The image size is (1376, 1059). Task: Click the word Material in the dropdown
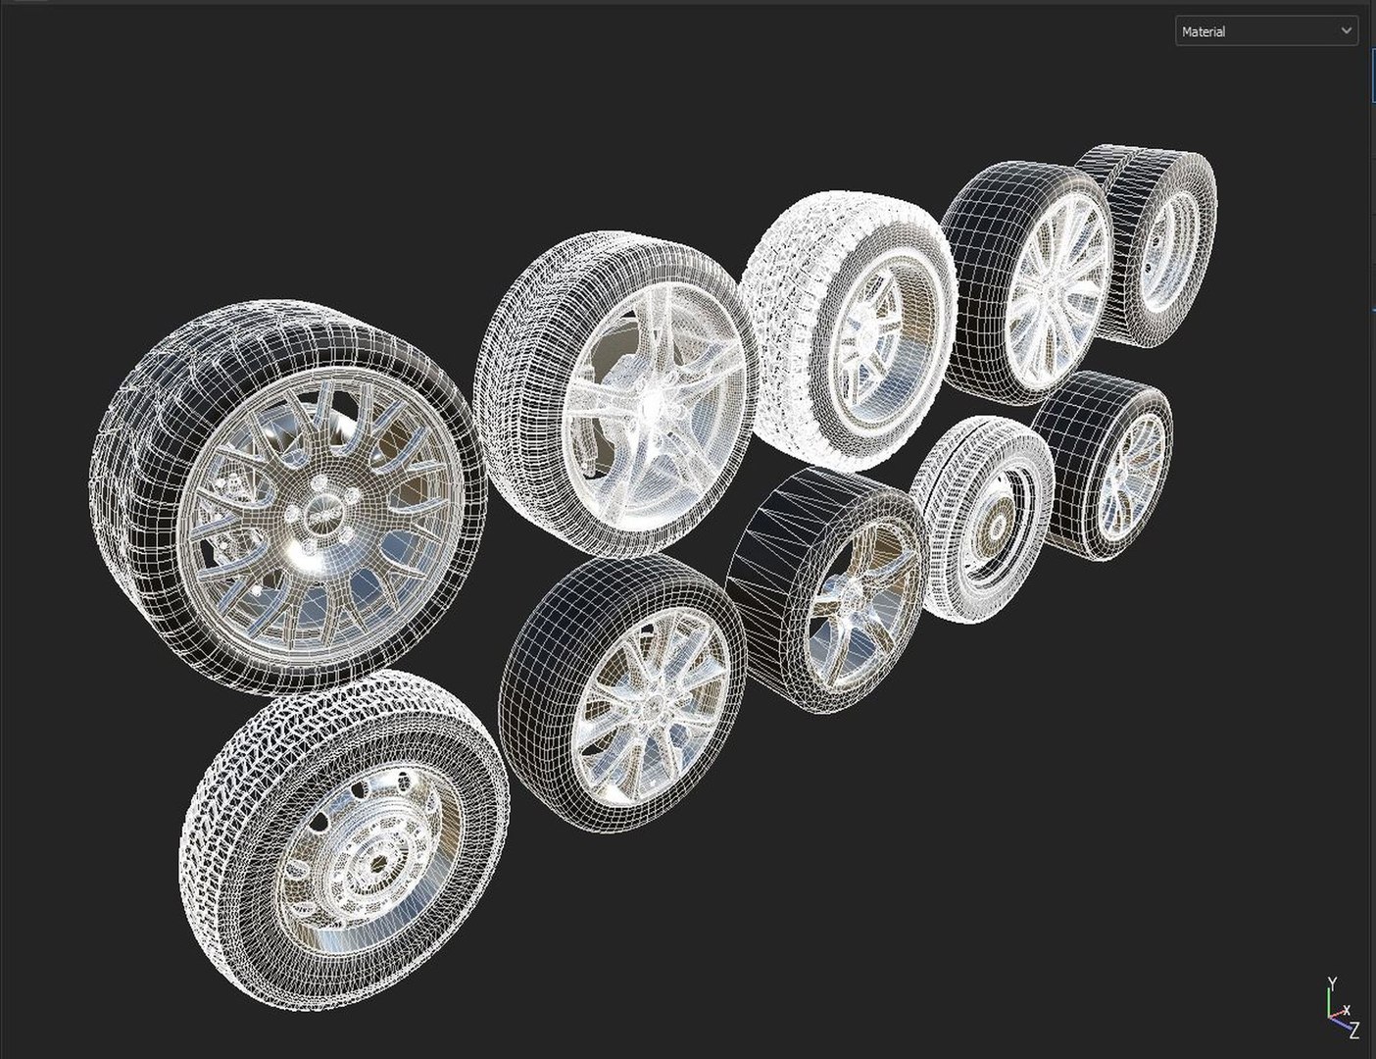pyautogui.click(x=1204, y=32)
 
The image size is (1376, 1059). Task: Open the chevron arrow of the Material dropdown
pyautogui.click(x=1346, y=31)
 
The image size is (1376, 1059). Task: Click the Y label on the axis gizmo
pyautogui.click(x=1332, y=983)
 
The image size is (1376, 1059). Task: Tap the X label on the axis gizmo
pyautogui.click(x=1347, y=1010)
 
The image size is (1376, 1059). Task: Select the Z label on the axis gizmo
pyautogui.click(x=1354, y=1030)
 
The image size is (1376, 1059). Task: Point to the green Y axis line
pyautogui.click(x=1330, y=1002)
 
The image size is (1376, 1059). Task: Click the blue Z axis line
pyautogui.click(x=1340, y=1023)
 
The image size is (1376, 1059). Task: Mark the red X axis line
pyautogui.click(x=1336, y=1015)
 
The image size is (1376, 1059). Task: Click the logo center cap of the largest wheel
pyautogui.click(x=319, y=513)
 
